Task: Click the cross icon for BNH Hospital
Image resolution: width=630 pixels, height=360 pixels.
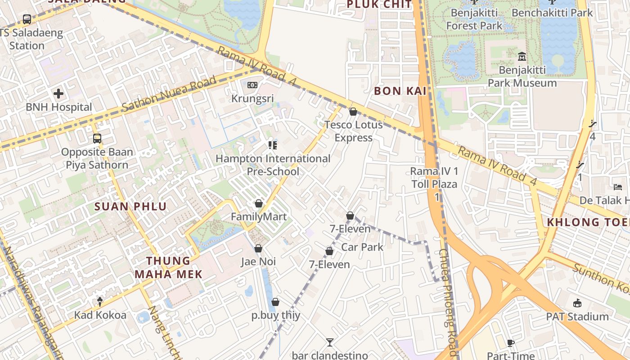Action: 58,94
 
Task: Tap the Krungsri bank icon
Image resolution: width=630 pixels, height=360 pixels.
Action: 252,85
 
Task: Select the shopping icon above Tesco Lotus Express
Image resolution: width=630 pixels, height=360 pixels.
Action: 353,111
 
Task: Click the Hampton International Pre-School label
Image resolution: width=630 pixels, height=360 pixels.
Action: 273,165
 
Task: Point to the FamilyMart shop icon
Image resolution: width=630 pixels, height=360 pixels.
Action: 258,203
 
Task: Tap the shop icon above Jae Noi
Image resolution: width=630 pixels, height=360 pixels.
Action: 258,248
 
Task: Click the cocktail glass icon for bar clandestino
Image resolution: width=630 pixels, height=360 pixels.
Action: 330,342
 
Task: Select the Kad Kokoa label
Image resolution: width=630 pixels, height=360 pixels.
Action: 100,315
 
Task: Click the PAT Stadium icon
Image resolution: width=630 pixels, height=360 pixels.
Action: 577,303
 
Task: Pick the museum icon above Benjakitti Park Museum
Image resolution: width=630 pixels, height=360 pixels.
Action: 522,57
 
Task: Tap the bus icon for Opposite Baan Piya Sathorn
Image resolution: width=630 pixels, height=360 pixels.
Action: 97,138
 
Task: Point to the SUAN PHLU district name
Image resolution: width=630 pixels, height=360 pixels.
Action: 130,207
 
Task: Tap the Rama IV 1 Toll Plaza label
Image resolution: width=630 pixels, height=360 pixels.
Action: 434,178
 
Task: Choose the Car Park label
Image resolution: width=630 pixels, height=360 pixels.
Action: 362,247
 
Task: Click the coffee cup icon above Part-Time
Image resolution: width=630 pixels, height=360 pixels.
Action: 511,343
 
